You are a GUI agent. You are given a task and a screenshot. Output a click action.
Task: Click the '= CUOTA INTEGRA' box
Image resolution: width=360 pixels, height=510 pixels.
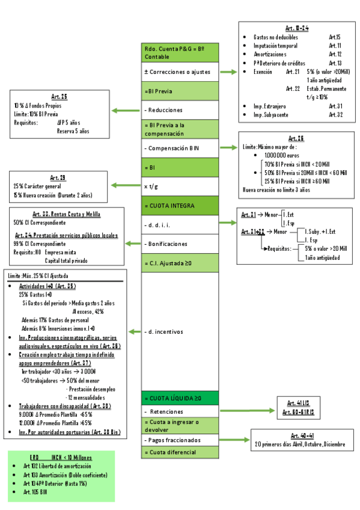point(180,206)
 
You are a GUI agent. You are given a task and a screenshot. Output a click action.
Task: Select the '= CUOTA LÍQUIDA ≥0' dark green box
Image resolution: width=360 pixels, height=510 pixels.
point(180,398)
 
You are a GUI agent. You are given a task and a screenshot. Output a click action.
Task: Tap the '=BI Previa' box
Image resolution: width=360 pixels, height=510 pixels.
point(180,91)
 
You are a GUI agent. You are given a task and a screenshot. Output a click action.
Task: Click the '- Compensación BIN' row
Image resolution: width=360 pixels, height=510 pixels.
point(180,148)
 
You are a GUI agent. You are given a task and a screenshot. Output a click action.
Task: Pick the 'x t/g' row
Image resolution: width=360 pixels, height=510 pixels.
point(180,186)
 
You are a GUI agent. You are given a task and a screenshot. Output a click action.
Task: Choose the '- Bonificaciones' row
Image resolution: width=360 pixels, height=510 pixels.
point(180,244)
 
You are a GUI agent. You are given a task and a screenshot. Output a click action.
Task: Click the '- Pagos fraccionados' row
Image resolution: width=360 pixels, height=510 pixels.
point(180,440)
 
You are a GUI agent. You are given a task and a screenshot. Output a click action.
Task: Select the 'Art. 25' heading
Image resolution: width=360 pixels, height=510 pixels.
point(59,96)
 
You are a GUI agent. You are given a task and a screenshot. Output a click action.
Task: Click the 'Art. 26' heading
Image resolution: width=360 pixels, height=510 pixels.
point(296,138)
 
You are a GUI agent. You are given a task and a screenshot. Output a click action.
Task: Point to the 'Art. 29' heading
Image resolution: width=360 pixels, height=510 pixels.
point(58,177)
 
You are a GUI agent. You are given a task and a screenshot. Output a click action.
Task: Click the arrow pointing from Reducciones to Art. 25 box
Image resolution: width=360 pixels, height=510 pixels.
point(126,110)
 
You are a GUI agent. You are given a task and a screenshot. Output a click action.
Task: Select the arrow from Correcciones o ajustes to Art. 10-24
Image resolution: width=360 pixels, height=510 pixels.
point(229,72)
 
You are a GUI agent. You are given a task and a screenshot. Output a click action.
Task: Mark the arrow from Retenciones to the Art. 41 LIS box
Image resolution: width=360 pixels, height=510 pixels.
point(249,411)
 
